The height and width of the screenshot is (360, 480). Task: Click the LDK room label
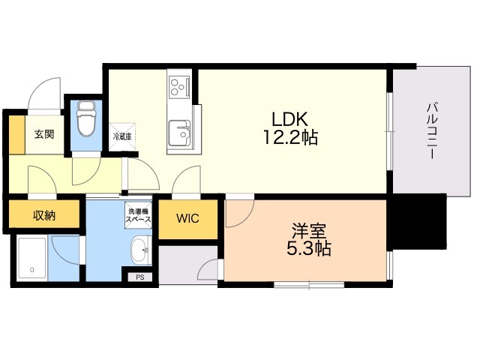290,119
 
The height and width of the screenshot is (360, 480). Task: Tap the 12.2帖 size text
290,137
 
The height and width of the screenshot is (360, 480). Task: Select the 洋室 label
309,231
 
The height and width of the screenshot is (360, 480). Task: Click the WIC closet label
187,218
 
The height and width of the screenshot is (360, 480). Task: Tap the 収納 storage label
44,216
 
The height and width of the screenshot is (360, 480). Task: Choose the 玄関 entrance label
44,134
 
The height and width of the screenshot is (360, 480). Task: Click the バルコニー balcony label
432,132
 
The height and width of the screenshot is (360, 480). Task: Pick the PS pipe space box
140,277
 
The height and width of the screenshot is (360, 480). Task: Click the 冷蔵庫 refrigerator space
122,136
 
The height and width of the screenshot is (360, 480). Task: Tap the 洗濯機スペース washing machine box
138,215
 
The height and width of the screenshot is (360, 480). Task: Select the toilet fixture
86,118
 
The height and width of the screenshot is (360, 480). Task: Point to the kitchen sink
180,133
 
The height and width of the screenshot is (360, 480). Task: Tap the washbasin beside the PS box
141,250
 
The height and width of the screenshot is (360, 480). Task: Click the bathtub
31,259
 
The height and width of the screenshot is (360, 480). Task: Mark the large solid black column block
419,222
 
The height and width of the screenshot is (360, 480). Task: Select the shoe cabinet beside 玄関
16,135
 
